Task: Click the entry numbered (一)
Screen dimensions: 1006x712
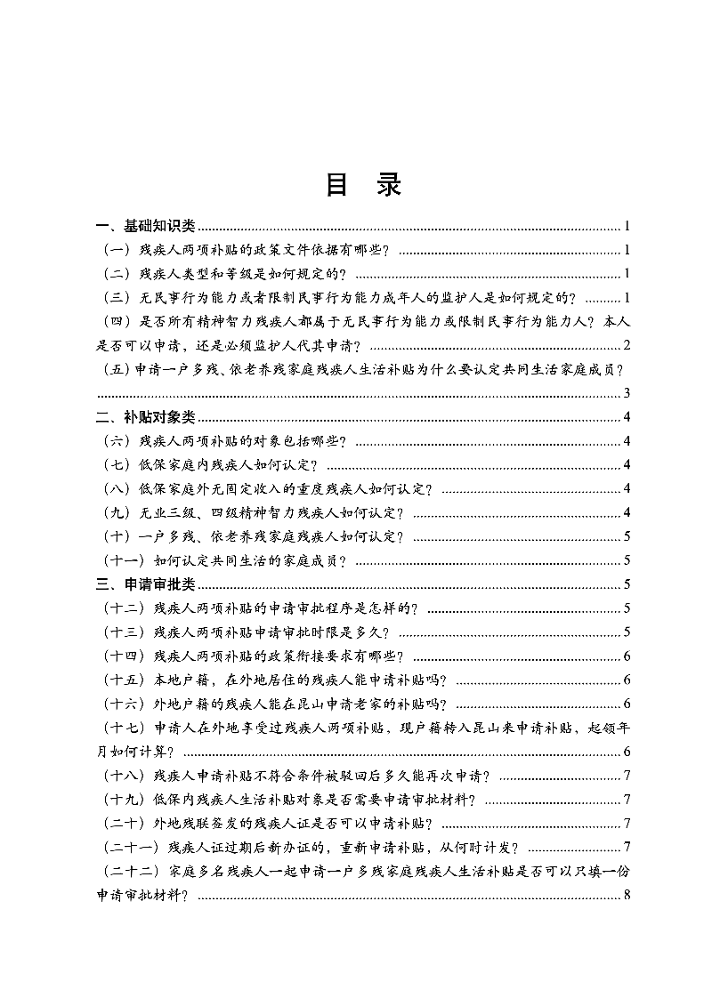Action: pyautogui.click(x=118, y=250)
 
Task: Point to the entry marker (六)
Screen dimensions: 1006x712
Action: pyautogui.click(x=118, y=441)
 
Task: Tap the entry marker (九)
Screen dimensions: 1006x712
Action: pyautogui.click(x=118, y=512)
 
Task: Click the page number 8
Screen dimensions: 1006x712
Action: pyautogui.click(x=627, y=895)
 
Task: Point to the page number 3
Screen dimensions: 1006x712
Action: pyautogui.click(x=627, y=393)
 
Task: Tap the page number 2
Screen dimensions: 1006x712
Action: pyautogui.click(x=627, y=345)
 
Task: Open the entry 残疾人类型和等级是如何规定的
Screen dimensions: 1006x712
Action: pyautogui.click(x=241, y=274)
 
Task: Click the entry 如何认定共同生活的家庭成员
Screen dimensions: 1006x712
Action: pyautogui.click(x=249, y=560)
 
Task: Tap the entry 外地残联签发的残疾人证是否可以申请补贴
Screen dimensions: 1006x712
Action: pyautogui.click(x=293, y=823)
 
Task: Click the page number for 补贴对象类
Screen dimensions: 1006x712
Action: pyautogui.click(x=627, y=417)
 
